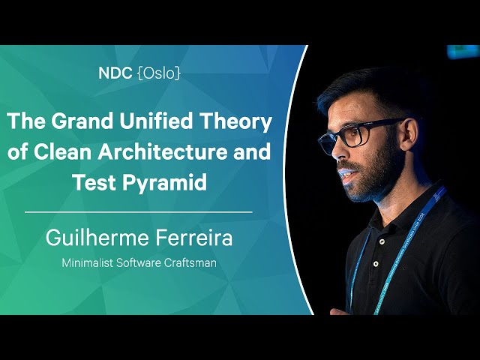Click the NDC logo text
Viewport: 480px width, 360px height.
pyautogui.click(x=115, y=73)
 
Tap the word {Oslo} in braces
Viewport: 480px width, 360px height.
pyautogui.click(x=159, y=73)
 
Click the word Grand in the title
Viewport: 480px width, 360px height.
pyautogui.click(x=82, y=121)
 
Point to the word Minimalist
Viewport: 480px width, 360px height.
pyautogui.click(x=88, y=262)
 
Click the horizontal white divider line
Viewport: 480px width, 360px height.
pyautogui.click(x=138, y=211)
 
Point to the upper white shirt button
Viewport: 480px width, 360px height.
pyautogui.click(x=382, y=241)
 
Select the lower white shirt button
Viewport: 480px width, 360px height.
pyautogui.click(x=375, y=263)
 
